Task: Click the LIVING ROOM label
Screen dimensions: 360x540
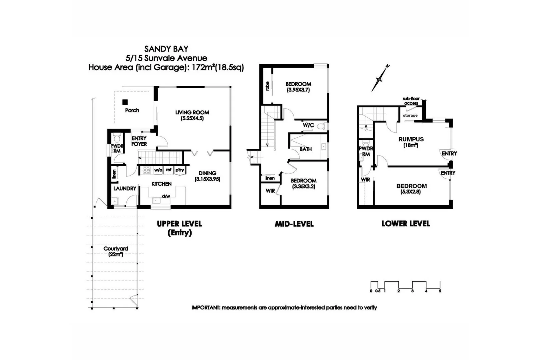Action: [x=192, y=113]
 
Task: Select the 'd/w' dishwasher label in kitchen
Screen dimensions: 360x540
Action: [x=166, y=196]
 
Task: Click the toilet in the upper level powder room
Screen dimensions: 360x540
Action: [x=117, y=138]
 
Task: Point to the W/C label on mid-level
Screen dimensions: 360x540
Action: [x=308, y=125]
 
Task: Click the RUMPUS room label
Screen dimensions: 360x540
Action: [x=411, y=139]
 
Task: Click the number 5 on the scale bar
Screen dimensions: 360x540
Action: [x=440, y=291]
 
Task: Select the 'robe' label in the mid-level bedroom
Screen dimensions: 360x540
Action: [x=267, y=86]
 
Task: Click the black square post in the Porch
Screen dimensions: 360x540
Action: [x=125, y=102]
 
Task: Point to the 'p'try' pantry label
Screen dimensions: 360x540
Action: [x=179, y=170]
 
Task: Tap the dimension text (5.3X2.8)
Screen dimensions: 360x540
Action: [x=411, y=192]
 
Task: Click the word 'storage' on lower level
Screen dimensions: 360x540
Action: [x=410, y=115]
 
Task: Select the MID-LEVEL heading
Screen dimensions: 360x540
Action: [x=294, y=224]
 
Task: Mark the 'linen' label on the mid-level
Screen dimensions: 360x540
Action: [x=270, y=178]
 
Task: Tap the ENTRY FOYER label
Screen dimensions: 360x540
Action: [x=139, y=141]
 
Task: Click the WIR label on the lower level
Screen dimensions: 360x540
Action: [x=365, y=180]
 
